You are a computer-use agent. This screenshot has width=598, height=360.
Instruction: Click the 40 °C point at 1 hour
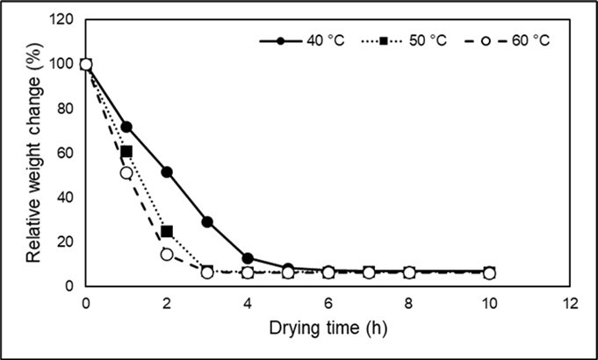(x=126, y=126)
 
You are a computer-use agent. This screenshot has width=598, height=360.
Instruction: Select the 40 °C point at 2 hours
(x=167, y=172)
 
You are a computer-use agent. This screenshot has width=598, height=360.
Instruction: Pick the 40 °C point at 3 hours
(x=207, y=221)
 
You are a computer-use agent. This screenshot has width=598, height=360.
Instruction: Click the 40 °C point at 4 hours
(x=248, y=258)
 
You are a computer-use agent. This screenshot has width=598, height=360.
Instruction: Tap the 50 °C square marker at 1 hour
(x=126, y=152)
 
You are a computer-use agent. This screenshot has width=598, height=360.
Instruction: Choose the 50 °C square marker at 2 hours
(x=167, y=232)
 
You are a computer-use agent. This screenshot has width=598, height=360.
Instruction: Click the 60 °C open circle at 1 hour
(x=126, y=173)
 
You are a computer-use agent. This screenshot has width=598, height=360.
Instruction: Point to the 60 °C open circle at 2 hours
(x=167, y=254)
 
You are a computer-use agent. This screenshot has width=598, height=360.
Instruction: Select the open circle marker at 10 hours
(x=489, y=273)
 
